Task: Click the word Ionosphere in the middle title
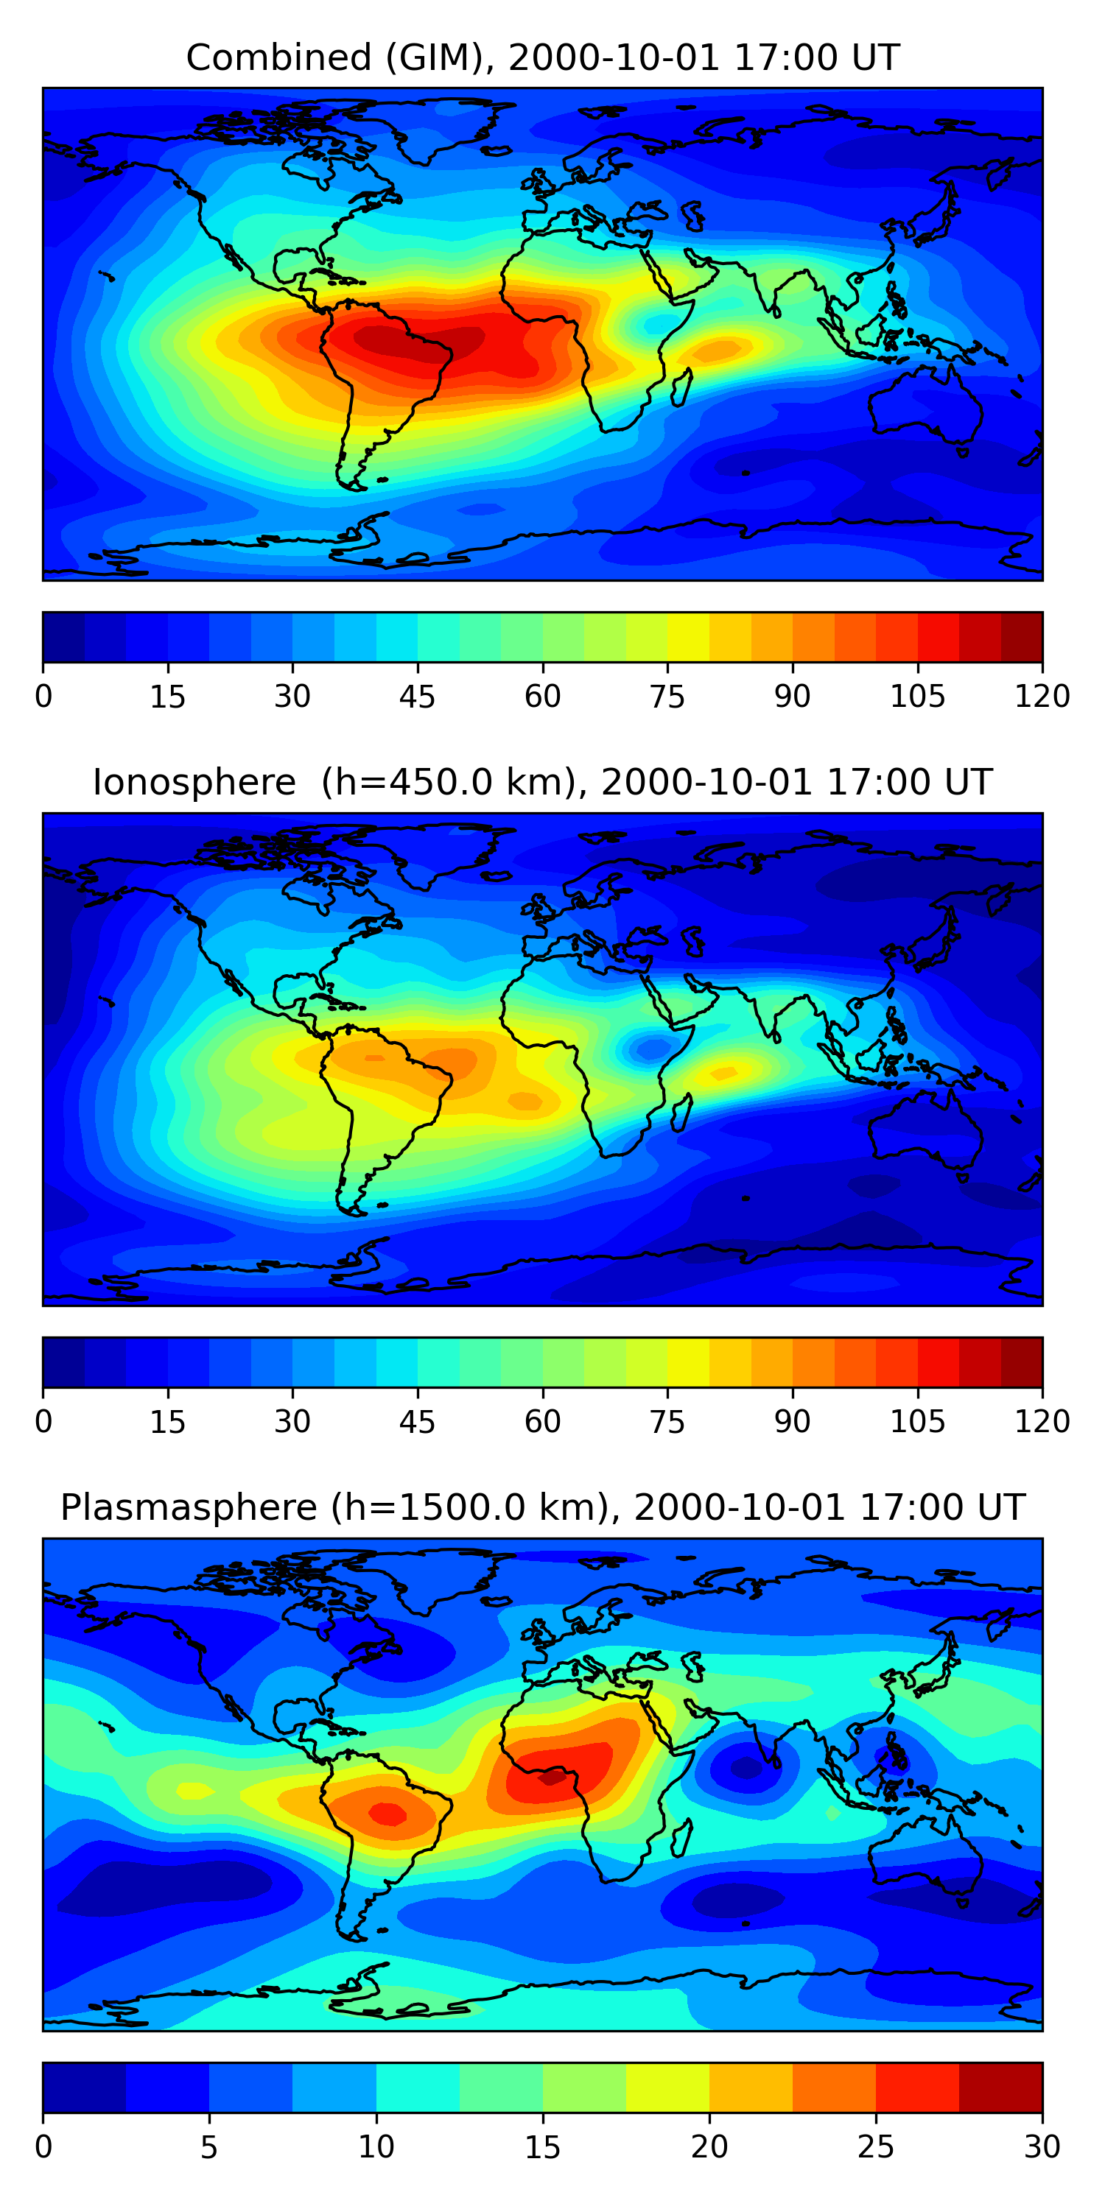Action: pyautogui.click(x=194, y=783)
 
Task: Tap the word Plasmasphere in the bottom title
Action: pyautogui.click(x=188, y=1507)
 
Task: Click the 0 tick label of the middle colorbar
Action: pyautogui.click(x=43, y=1421)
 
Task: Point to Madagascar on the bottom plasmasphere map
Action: pyautogui.click(x=681, y=1837)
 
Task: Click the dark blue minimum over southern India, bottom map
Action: pyautogui.click(x=745, y=1766)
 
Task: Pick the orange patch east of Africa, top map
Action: pyautogui.click(x=715, y=350)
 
